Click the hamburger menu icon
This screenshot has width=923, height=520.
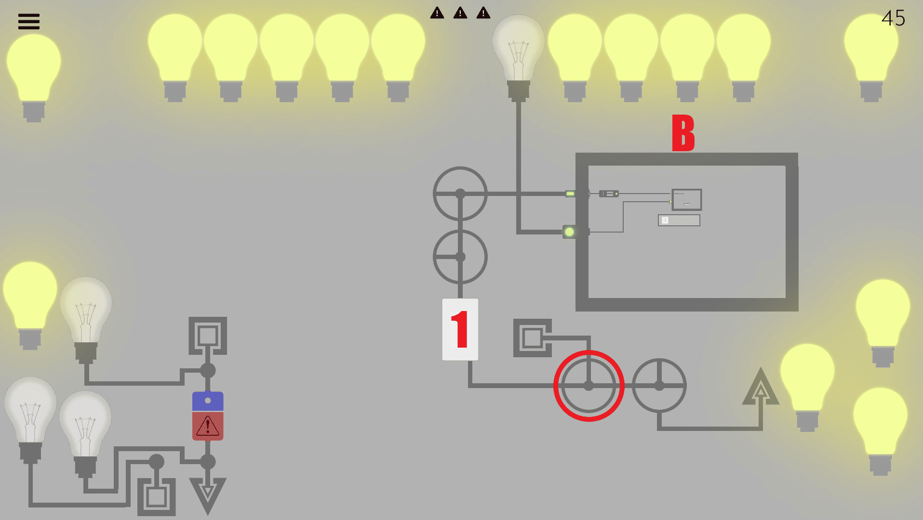29,22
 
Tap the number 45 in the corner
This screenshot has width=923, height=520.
893,18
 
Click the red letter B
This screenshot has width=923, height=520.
683,133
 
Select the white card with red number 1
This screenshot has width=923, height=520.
460,329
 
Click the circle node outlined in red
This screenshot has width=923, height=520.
589,386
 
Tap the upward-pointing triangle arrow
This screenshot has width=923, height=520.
761,388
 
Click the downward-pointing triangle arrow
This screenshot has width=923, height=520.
208,494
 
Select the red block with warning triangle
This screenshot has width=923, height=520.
208,426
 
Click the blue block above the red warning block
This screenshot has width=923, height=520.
208,401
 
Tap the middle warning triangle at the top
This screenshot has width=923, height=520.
460,13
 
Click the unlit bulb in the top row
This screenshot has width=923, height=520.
518,53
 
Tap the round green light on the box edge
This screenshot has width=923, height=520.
569,232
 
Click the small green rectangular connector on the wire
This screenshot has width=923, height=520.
570,194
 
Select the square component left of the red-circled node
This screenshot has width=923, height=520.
532,338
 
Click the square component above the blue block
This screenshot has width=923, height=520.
208,336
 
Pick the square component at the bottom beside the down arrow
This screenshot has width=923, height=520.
157,496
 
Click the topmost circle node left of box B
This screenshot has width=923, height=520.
460,194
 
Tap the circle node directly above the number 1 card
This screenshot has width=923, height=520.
460,257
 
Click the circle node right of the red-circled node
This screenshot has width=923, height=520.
659,386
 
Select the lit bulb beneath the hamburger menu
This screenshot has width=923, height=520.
33,72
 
